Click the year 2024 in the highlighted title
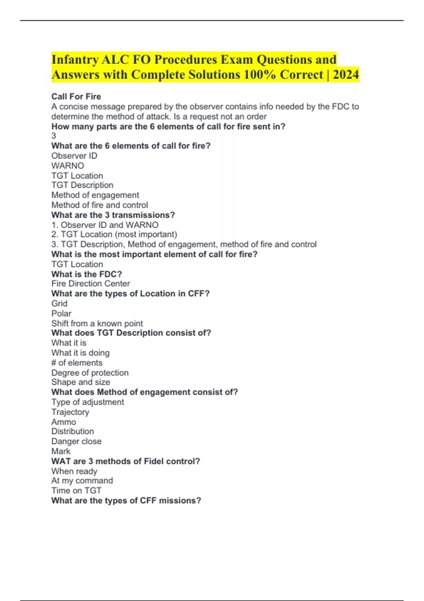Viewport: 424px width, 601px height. (x=346, y=75)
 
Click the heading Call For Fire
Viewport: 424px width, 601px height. (x=76, y=97)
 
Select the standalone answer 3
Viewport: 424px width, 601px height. (x=54, y=136)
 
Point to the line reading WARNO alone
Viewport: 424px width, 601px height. (x=67, y=165)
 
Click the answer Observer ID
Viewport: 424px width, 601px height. (x=74, y=156)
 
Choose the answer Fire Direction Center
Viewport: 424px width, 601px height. (x=90, y=284)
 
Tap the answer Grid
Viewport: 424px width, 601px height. (x=59, y=303)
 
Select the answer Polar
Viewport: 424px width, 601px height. (x=61, y=313)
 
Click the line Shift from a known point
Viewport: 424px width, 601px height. (x=97, y=323)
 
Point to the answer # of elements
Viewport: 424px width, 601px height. (x=77, y=363)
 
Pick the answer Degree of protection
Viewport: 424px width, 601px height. (x=90, y=373)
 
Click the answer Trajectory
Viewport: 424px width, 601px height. (x=70, y=412)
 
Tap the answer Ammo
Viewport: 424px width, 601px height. (x=64, y=422)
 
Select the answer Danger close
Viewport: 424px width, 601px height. (x=76, y=441)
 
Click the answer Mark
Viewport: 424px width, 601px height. (x=61, y=451)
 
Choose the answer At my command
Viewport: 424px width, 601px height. (x=82, y=480)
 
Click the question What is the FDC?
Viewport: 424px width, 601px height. (x=87, y=274)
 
